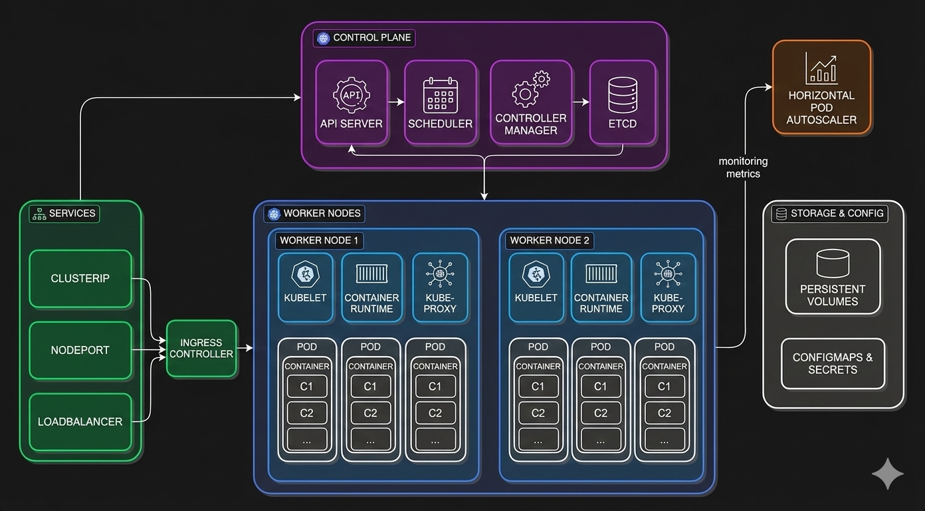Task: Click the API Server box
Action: (351, 102)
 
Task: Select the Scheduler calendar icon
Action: (440, 95)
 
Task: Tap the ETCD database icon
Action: (623, 95)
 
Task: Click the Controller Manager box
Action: (531, 102)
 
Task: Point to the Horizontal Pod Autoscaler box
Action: (821, 87)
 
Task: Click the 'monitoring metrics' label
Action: (743, 167)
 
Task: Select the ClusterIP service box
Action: (80, 279)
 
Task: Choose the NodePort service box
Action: (80, 350)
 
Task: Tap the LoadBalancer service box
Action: (80, 422)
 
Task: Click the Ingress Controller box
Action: (201, 349)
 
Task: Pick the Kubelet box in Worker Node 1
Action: (306, 287)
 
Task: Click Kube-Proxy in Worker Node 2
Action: (668, 287)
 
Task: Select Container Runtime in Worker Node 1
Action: (371, 287)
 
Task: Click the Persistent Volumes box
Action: (833, 277)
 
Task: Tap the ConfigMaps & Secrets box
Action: (833, 363)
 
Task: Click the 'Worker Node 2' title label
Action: (549, 240)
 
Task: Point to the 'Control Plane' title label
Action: (364, 38)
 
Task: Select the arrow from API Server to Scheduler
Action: (396, 102)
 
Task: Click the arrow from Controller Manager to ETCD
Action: (581, 102)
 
